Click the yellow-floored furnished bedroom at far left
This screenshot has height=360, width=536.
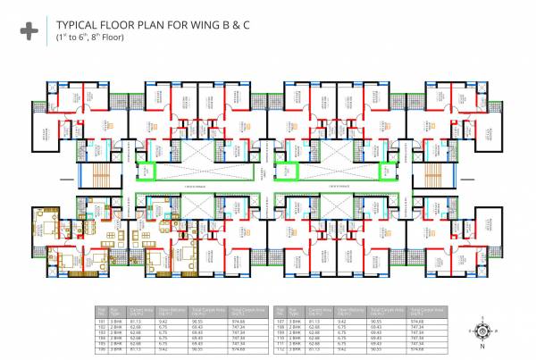pos(44,219)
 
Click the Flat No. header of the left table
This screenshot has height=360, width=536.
pos(102,308)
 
